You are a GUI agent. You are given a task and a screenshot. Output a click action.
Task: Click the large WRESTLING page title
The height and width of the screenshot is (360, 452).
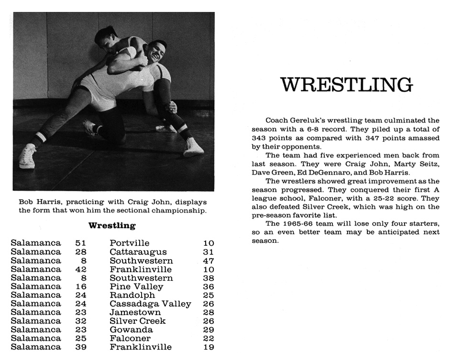(347, 85)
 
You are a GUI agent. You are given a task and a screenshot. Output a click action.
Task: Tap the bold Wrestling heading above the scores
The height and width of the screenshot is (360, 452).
(112, 225)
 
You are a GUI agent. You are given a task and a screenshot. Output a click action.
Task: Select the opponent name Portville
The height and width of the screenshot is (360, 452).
(129, 243)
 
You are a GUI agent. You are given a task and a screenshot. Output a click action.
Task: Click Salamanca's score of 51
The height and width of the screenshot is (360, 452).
(81, 243)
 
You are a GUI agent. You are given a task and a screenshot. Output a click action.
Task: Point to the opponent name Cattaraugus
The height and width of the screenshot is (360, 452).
(138, 252)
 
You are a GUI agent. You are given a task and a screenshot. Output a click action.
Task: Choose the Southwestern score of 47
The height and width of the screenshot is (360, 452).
(209, 261)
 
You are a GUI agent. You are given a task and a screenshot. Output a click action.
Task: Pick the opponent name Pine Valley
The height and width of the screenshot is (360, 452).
(136, 287)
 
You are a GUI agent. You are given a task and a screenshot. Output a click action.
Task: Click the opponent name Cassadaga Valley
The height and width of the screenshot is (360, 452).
(150, 304)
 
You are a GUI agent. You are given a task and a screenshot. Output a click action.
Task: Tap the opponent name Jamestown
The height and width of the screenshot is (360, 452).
(135, 313)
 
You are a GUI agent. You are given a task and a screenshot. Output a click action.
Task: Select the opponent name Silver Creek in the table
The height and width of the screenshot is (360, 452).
(137, 321)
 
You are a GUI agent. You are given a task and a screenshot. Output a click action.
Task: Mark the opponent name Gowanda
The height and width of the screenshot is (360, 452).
(131, 330)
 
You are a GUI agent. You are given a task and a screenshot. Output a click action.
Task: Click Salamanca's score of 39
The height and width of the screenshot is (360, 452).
(81, 347)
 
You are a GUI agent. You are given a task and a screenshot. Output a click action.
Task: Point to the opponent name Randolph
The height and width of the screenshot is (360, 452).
(132, 295)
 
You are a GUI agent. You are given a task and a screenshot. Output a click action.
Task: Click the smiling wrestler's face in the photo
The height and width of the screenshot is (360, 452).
(156, 51)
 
